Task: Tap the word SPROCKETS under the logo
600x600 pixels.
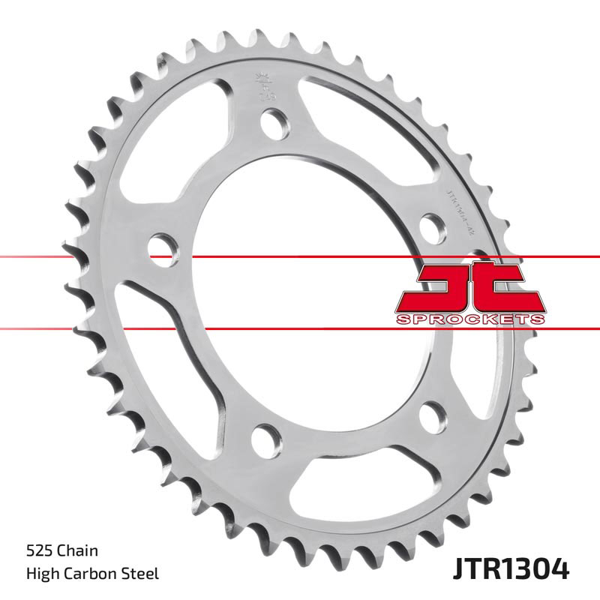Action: (469, 319)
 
